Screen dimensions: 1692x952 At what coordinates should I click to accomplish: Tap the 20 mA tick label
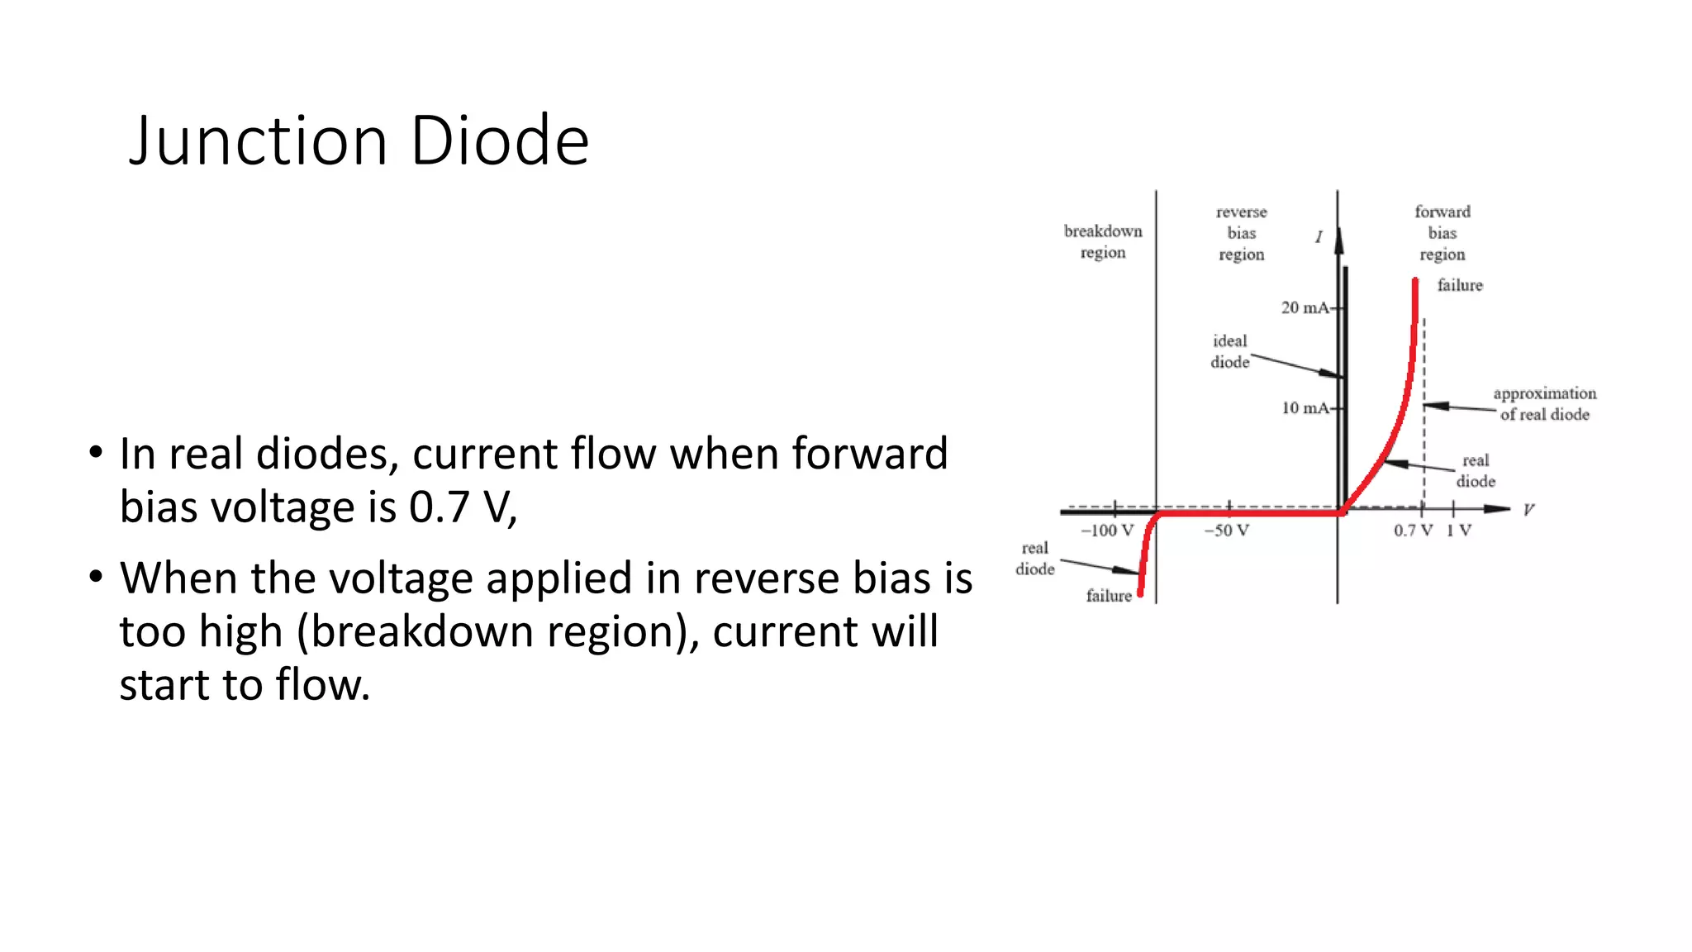[x=1305, y=308]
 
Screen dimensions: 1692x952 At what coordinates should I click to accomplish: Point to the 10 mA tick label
[x=1305, y=408]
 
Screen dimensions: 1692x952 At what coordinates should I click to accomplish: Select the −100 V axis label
[x=1107, y=531]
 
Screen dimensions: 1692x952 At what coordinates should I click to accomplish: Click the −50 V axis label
[x=1226, y=531]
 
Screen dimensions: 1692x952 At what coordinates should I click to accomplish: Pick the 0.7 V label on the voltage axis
[x=1413, y=531]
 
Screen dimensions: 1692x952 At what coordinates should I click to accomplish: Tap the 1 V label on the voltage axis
[x=1458, y=531]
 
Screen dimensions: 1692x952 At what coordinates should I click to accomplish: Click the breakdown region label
[x=1103, y=241]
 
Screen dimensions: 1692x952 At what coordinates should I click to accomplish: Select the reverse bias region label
[x=1241, y=233]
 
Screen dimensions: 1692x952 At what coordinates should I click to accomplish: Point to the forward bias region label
[x=1442, y=233]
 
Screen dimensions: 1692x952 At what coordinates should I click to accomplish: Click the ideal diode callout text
[x=1230, y=351]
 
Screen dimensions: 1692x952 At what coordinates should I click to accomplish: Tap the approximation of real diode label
[x=1544, y=404]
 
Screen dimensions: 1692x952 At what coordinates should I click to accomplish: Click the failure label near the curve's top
[x=1460, y=285]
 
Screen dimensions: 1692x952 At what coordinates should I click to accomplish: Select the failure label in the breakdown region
[x=1109, y=596]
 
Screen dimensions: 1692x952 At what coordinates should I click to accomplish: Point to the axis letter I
[x=1319, y=237]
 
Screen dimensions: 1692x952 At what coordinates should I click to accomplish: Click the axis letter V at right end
[x=1528, y=510]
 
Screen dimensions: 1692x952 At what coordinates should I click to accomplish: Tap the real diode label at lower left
[x=1035, y=559]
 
